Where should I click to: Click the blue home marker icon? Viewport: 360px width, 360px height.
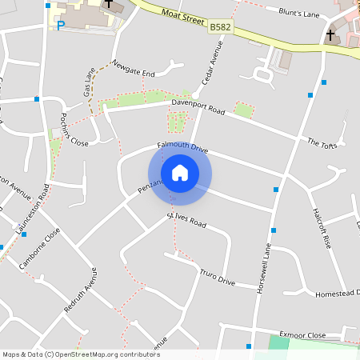pos(180,173)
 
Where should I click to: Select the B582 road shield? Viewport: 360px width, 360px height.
pos(220,28)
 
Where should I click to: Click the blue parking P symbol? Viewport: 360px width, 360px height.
pos(61,26)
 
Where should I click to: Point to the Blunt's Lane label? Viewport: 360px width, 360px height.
pos(298,12)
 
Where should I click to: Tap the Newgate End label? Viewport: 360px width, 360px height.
pos(134,68)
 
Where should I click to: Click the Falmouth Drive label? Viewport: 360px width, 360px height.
pos(182,147)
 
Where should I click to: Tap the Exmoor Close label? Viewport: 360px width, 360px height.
pos(302,335)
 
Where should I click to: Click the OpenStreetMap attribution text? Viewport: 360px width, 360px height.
pos(80,354)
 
